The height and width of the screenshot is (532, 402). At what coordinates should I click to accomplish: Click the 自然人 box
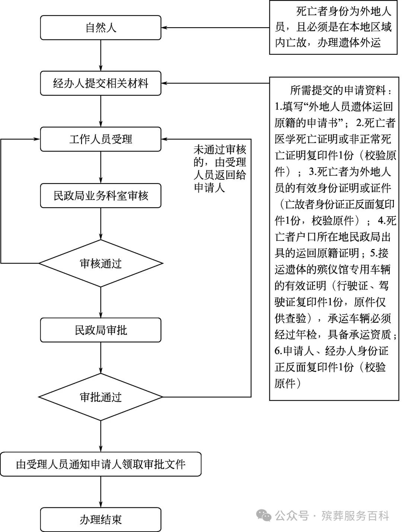pos(100,28)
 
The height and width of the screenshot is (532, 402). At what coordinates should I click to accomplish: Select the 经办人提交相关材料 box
pos(100,83)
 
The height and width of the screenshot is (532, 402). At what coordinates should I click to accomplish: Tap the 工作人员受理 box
pos(100,139)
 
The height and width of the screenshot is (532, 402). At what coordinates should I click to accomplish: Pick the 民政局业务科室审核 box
pos(100,195)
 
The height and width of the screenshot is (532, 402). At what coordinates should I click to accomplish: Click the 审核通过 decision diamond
pos(100,264)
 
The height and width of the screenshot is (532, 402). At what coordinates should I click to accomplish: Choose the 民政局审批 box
pos(100,330)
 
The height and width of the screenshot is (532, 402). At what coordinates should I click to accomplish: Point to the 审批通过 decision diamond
pos(100,397)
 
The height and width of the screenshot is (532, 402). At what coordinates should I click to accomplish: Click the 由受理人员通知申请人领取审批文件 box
pos(100,464)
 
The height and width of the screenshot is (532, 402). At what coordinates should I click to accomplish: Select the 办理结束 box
pos(100,520)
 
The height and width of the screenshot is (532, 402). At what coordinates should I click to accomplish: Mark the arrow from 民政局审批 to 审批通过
pos(100,358)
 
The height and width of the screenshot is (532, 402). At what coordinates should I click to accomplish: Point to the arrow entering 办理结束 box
pos(100,491)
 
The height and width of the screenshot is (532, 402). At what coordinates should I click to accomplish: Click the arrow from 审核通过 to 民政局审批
pos(100,302)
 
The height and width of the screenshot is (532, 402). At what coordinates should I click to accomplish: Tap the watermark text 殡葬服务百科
pos(355,516)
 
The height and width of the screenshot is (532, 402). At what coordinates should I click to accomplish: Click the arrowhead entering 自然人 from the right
pos(165,28)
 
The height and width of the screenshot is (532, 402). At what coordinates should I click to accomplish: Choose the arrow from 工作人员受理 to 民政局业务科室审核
pos(100,167)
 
